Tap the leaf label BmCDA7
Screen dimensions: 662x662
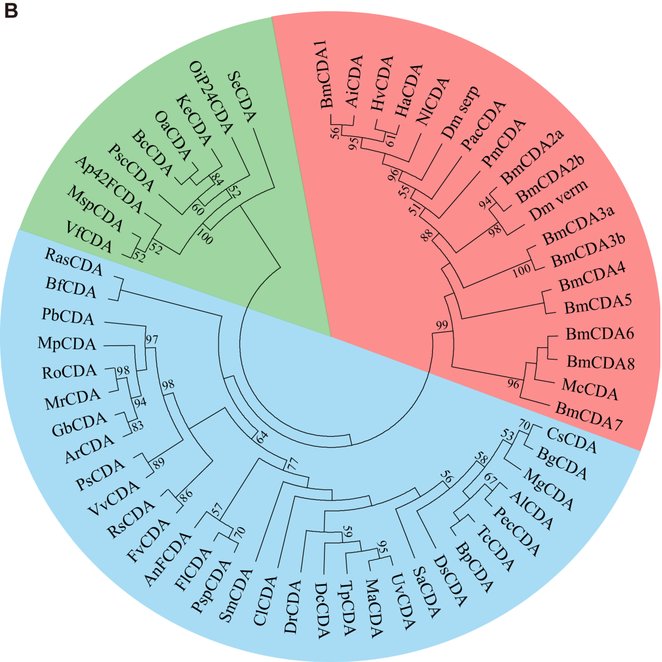click(588, 417)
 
